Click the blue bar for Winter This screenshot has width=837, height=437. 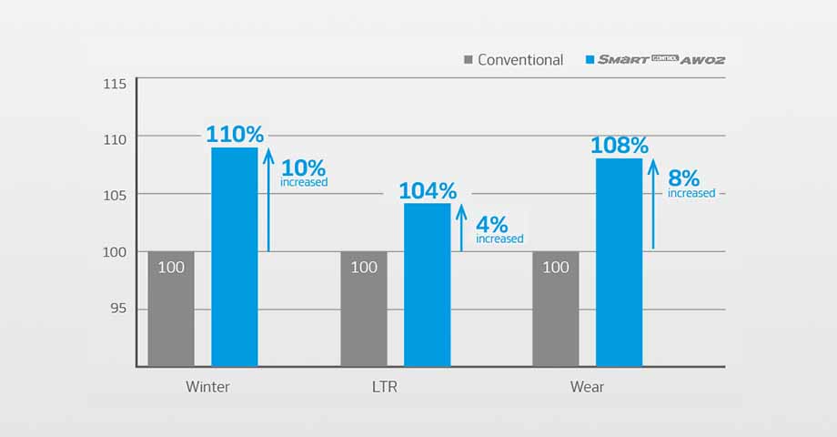[235, 257]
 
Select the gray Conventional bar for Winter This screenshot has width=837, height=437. [171, 309]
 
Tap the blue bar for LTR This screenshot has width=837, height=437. [428, 284]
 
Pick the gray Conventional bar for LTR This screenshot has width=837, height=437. [364, 309]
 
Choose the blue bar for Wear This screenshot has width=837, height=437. [620, 262]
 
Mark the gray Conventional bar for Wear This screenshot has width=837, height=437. [556, 309]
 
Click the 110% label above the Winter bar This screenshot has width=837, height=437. [235, 134]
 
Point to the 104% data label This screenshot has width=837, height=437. [428, 191]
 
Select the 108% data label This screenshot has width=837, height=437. [620, 146]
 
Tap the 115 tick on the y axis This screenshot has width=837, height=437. [115, 84]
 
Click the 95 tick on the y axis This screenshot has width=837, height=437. [118, 310]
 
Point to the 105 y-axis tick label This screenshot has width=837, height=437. [115, 195]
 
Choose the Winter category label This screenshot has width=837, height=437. [207, 387]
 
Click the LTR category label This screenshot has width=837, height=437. [385, 387]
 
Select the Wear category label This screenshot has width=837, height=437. [587, 387]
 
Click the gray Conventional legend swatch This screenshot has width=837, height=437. [469, 60]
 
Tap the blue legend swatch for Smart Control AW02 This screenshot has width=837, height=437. [590, 60]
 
